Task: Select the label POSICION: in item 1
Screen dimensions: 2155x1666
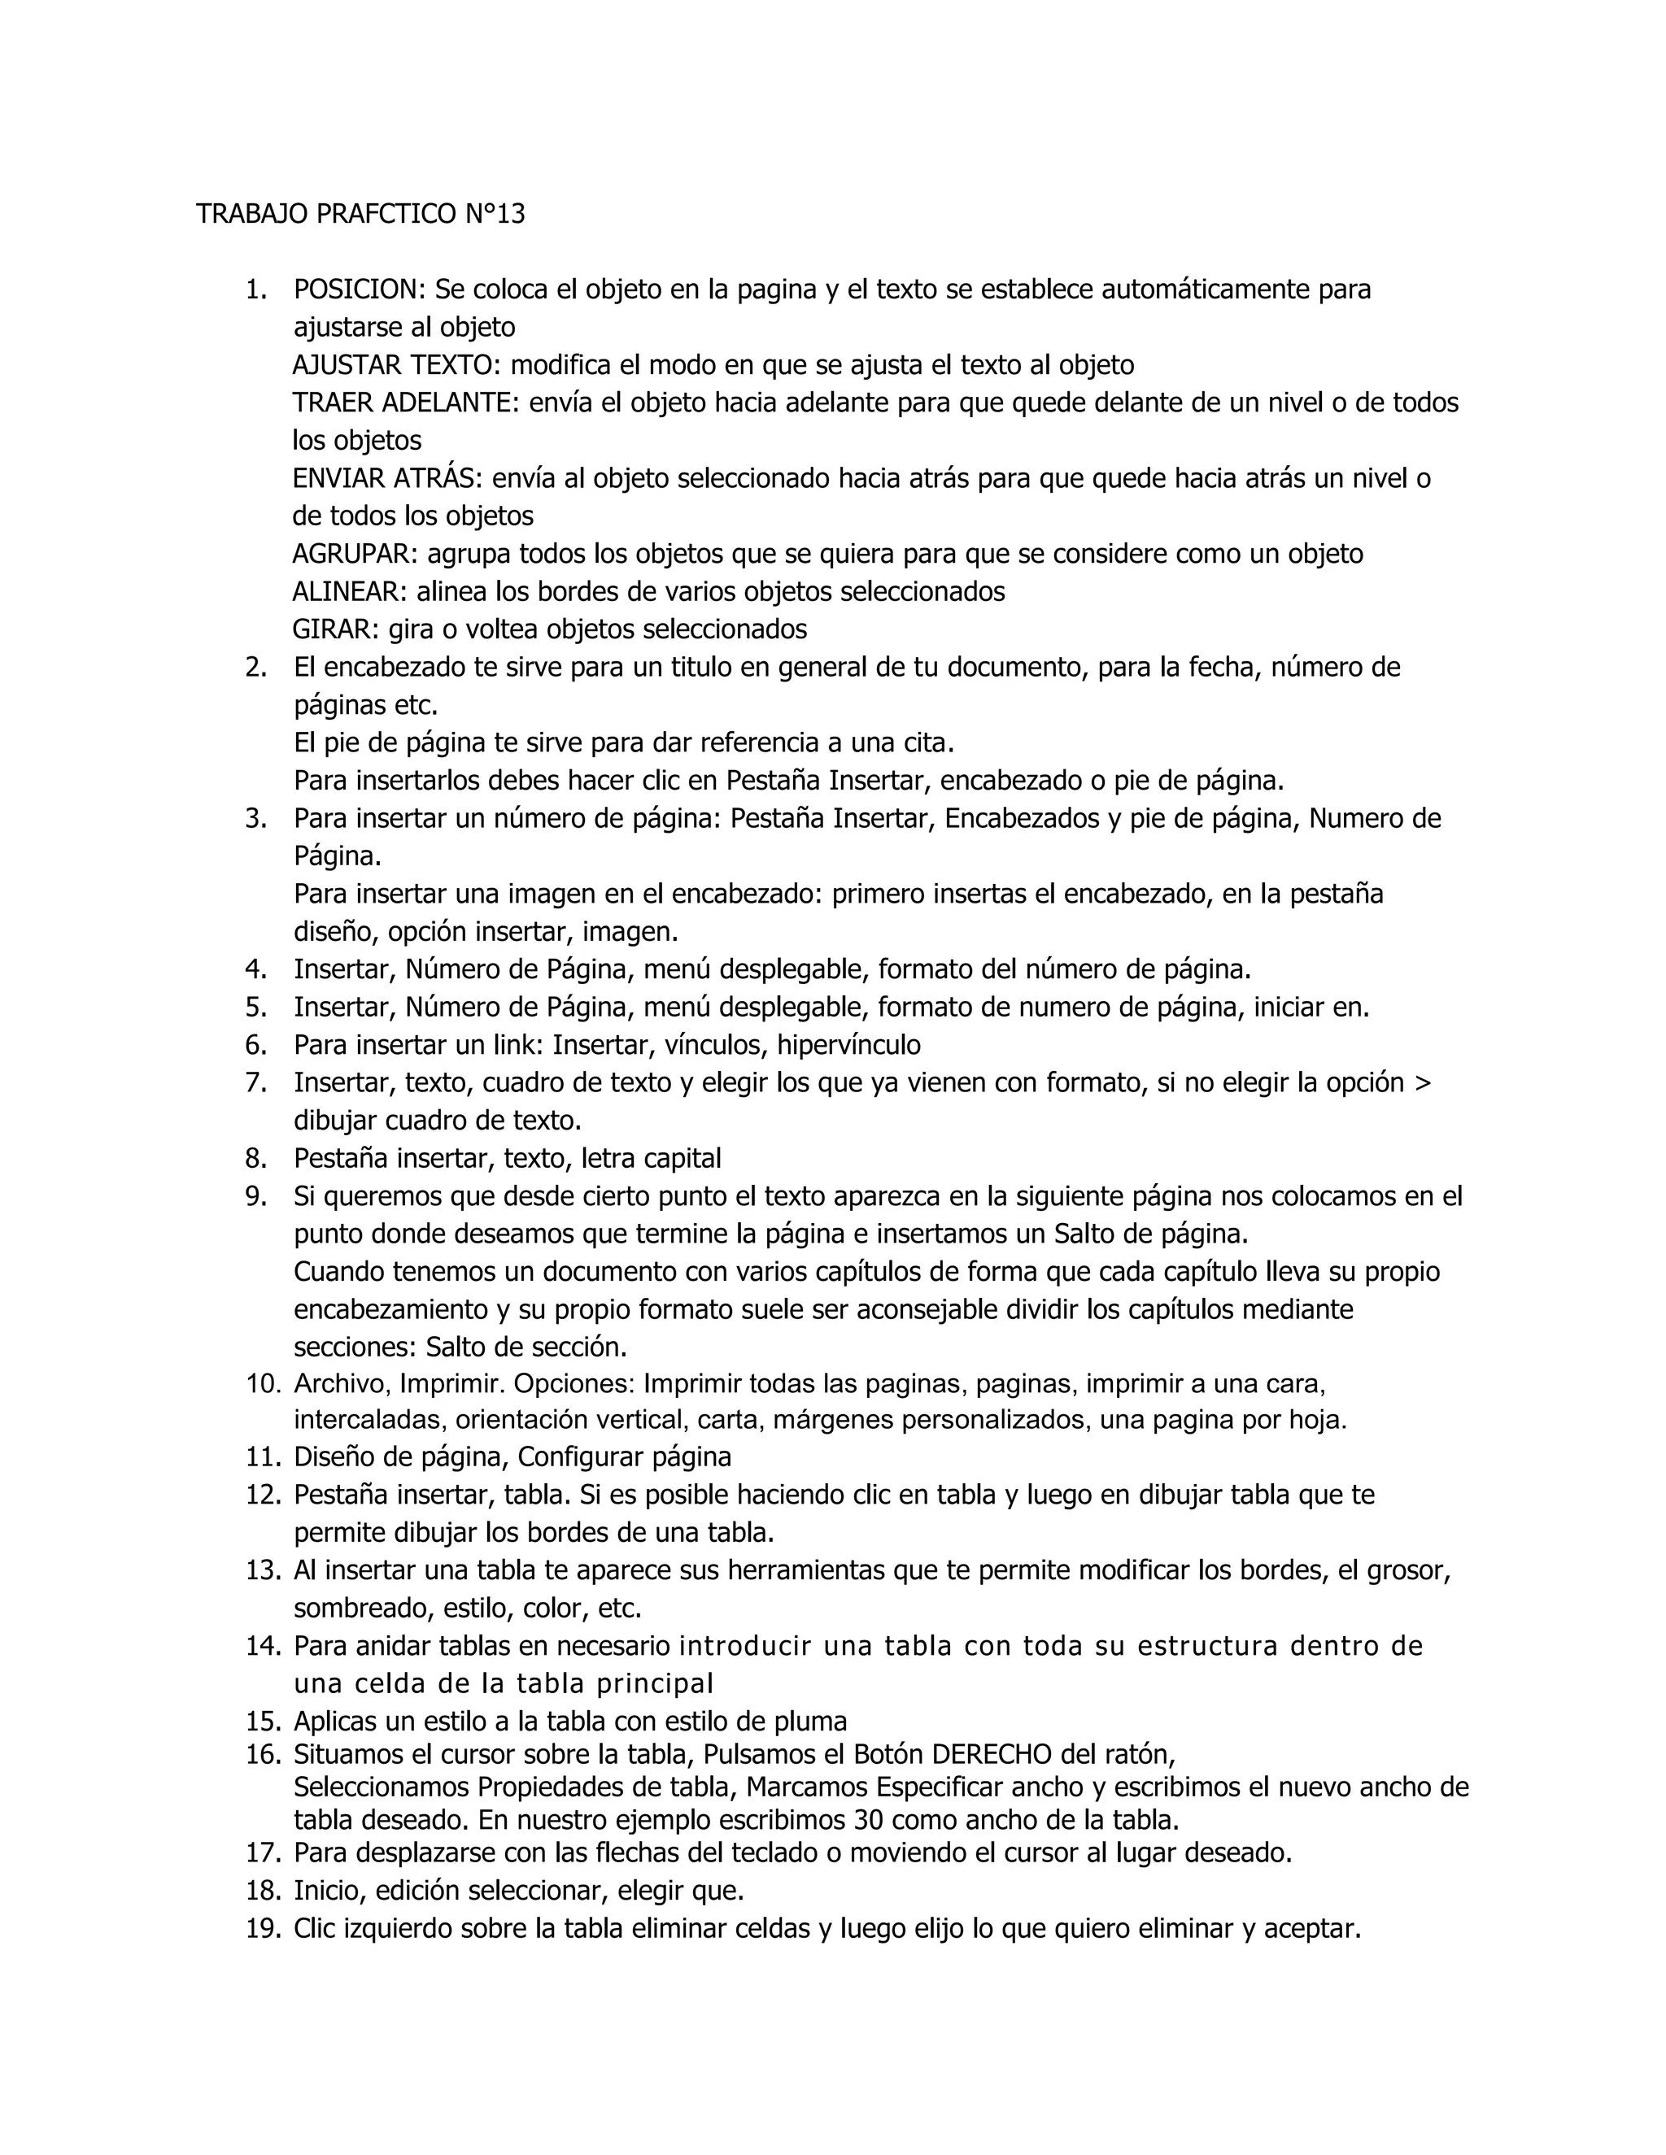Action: [360, 290]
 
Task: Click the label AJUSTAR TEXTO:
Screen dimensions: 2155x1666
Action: [397, 366]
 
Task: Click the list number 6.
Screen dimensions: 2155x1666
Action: [255, 1045]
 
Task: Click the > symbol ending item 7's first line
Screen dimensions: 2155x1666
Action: [1422, 1083]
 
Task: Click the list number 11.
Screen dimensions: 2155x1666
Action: [263, 1457]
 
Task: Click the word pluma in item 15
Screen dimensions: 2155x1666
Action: [811, 1722]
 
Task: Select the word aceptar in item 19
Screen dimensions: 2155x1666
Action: [1310, 1928]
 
